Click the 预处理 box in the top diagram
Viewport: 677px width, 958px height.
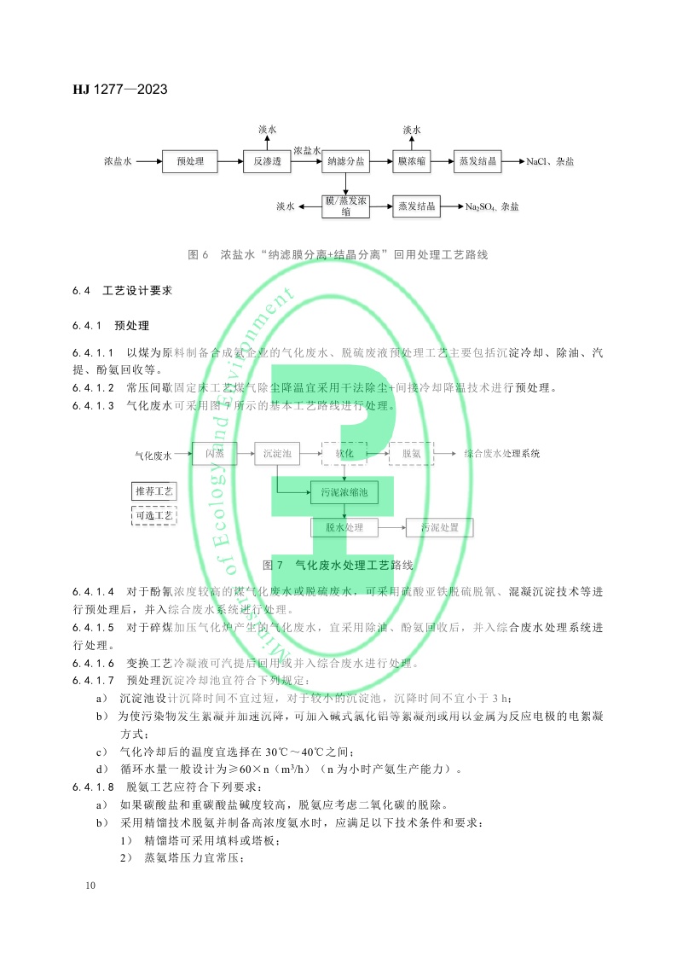190,161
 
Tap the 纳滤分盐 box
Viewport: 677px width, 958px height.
346,161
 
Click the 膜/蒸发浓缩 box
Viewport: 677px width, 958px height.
346,206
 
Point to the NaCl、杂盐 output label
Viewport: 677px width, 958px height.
551,161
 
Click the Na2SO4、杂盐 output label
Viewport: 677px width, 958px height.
492,206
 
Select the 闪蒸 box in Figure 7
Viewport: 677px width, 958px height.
213,454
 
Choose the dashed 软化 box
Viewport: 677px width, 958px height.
344,454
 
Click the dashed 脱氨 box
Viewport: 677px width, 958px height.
410,454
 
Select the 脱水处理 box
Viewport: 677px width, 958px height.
344,528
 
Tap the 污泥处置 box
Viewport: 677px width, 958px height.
439,528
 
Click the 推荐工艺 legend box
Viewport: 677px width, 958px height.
153,491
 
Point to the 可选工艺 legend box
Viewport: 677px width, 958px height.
153,515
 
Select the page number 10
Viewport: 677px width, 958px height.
91,886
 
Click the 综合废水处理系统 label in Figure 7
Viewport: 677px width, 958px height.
502,454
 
